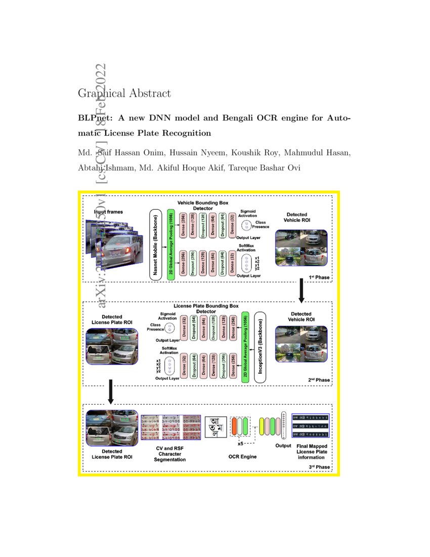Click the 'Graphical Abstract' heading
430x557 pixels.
tap(124, 94)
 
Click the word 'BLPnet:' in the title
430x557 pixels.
tap(95, 118)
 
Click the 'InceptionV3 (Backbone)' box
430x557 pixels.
tap(262, 346)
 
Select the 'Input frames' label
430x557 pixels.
tap(108, 212)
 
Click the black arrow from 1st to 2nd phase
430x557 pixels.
tap(302, 290)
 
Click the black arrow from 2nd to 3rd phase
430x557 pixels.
tap(111, 394)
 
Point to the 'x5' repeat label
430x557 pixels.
tap(240, 444)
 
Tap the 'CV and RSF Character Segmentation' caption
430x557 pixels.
tap(170, 454)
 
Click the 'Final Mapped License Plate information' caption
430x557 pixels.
tap(311, 451)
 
